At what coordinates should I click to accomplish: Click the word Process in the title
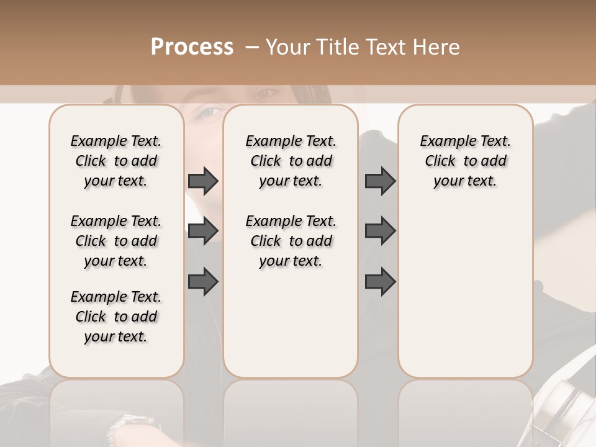tap(192, 47)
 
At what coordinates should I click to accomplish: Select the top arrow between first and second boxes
tap(203, 181)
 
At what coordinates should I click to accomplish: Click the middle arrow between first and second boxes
tap(203, 232)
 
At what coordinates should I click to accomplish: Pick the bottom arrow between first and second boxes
tap(203, 282)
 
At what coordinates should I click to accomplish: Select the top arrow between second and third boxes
tap(380, 181)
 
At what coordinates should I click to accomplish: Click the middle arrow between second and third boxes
tap(380, 232)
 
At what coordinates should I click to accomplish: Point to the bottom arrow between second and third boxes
tap(380, 282)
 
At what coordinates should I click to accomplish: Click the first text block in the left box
tap(116, 161)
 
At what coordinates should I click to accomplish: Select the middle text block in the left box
tap(116, 241)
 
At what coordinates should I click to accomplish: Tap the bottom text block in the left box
tap(116, 317)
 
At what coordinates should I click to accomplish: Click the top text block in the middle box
tap(291, 161)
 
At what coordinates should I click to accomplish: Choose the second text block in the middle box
tap(291, 241)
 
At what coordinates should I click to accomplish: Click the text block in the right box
tap(465, 161)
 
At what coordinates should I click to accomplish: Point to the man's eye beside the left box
tap(210, 112)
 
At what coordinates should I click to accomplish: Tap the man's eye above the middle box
tap(266, 94)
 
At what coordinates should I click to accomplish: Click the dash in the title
tap(252, 48)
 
